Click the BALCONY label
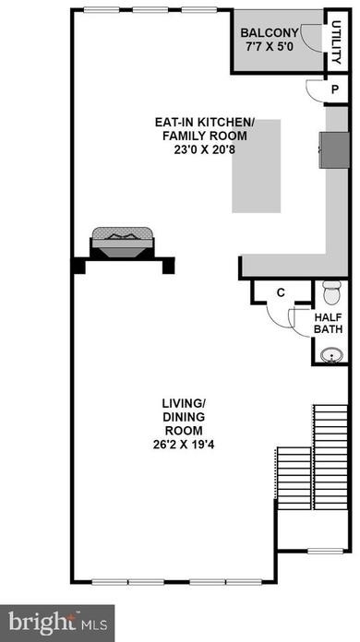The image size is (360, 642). [x=270, y=33]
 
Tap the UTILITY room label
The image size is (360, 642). [x=336, y=42]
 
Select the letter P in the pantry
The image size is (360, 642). [x=335, y=89]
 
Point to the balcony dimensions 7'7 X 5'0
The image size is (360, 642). [x=270, y=46]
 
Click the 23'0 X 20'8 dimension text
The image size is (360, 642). [x=200, y=149]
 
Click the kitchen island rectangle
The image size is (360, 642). [x=257, y=166]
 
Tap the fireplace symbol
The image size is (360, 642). [x=123, y=243]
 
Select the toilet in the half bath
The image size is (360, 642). [x=331, y=291]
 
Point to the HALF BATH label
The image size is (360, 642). [x=328, y=323]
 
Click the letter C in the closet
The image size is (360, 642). [x=281, y=292]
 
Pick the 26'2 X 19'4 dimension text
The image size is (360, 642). [x=184, y=445]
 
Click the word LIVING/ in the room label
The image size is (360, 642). [x=184, y=404]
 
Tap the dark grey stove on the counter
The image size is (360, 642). [x=334, y=149]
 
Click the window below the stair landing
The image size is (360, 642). [x=326, y=551]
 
